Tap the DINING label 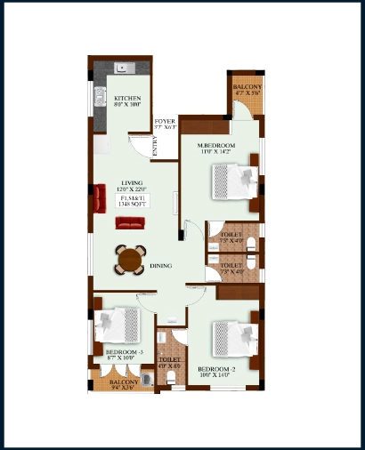click(x=161, y=265)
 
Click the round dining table click(x=131, y=261)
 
